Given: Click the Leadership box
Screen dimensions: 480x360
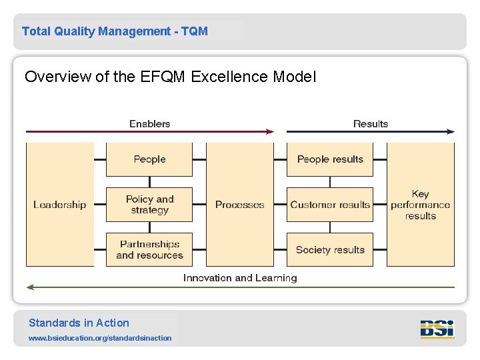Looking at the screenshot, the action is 60,205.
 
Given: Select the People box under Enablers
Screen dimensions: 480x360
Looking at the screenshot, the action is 149,159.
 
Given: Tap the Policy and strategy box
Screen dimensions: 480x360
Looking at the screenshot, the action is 149,205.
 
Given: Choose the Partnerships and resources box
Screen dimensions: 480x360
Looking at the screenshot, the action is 149,249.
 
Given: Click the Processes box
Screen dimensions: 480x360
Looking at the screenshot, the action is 240,205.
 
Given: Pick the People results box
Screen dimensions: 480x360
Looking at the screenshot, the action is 330,159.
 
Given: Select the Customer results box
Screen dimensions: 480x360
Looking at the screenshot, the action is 330,205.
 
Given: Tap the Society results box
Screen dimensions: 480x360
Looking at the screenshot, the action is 330,250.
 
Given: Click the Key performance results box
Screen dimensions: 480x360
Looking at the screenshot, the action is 421,205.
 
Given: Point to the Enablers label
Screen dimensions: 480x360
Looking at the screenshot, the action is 149,123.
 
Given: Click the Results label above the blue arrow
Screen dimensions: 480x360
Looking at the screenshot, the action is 370,123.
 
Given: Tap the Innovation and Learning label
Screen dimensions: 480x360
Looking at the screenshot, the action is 240,278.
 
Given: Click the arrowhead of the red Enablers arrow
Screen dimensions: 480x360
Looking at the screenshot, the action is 270,132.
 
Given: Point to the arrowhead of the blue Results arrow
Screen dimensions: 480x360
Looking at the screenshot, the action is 451,132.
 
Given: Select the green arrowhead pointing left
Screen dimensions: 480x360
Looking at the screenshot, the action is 30,287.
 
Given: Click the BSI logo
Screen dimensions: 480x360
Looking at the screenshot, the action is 437,329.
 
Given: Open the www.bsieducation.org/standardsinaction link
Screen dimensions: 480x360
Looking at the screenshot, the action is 100,338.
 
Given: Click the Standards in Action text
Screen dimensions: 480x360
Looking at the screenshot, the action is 79,323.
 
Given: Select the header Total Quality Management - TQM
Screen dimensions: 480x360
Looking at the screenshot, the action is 115,31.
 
